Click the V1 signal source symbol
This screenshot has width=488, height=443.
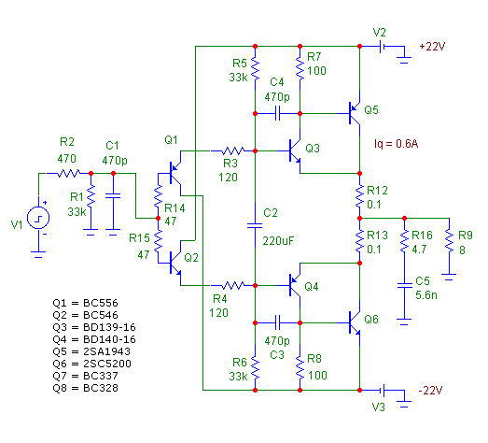click(38, 218)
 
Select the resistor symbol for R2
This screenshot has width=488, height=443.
click(68, 173)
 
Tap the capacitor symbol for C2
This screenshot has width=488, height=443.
click(255, 225)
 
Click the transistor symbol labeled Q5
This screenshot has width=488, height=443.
click(355, 113)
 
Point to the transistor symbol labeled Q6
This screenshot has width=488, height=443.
click(355, 323)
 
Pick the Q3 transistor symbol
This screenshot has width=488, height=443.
click(295, 150)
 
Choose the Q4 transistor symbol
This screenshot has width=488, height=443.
click(295, 285)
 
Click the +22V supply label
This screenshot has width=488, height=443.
click(432, 47)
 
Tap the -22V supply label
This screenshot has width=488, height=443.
click(431, 390)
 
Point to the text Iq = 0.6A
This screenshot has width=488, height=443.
click(397, 144)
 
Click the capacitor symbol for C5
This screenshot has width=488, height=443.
click(404, 285)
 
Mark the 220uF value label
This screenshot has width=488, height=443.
click(278, 241)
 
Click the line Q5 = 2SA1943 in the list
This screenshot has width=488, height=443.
click(91, 351)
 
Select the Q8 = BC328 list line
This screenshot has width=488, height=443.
click(85, 388)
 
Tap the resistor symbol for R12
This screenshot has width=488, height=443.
click(359, 195)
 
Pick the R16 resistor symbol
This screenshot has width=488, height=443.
click(404, 240)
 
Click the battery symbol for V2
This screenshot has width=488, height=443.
click(383, 47)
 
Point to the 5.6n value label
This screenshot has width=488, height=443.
click(426, 295)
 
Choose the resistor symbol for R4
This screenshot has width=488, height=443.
click(232, 285)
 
